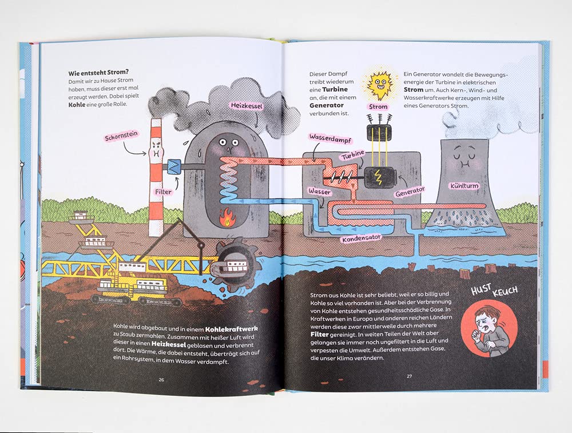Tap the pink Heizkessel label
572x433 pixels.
pos(245,105)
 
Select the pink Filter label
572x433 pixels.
pos(163,192)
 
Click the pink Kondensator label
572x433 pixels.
pos(362,238)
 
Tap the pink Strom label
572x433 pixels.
pos(378,107)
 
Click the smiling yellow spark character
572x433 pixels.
pos(378,85)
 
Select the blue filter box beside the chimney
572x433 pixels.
pos(172,166)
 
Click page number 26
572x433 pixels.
pos(161,379)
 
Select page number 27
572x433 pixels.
pos(409,376)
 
